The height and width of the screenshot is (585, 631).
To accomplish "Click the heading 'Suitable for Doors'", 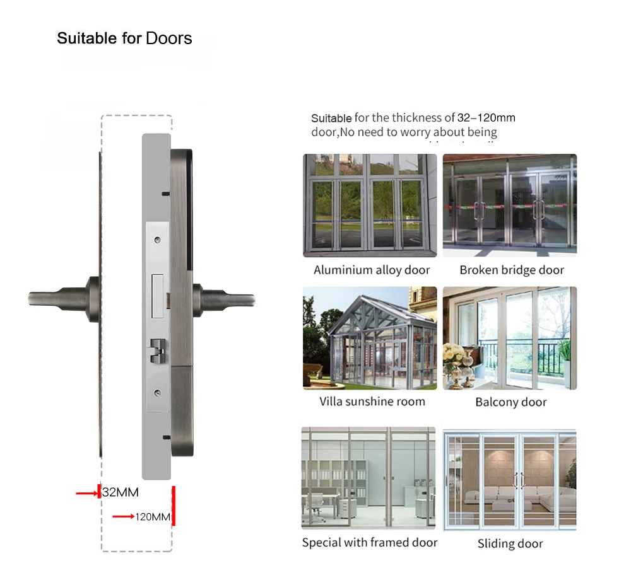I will [x=124, y=38].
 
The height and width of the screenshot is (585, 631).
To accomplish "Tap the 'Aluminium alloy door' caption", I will [x=372, y=270].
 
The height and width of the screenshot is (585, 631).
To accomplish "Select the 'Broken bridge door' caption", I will [x=512, y=270].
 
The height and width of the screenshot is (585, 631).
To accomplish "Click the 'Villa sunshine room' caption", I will [x=372, y=402].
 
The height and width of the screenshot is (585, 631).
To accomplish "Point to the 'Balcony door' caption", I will [x=510, y=402].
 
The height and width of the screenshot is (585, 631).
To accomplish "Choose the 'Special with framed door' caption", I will [x=369, y=543].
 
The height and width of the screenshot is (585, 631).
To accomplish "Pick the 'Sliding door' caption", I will [x=510, y=543].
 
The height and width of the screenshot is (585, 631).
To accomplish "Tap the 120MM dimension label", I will [x=153, y=517].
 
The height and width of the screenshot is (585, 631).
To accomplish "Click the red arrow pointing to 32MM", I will [x=86, y=493].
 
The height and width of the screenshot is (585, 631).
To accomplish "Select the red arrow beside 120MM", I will [x=123, y=517].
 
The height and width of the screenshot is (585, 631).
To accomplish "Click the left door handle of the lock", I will [x=60, y=298].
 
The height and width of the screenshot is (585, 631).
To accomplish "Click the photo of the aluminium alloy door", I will [x=370, y=206].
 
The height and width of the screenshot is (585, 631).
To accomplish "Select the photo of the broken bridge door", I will [x=510, y=206].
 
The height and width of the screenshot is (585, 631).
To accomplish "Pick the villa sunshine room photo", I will [x=370, y=338].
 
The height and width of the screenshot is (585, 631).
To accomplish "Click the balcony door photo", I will [x=510, y=338].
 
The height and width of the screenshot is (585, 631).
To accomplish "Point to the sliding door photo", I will [x=510, y=477].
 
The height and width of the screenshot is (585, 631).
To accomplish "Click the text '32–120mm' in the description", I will [x=486, y=118].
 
